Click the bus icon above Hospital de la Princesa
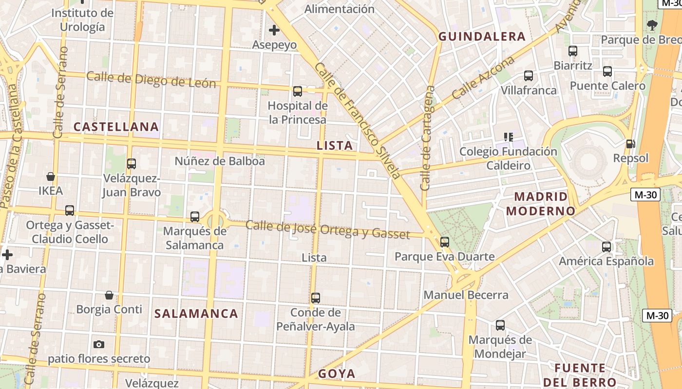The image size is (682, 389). (x=297, y=91)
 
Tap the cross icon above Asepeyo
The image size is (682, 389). (x=274, y=30)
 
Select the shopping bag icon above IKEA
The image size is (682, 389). (x=51, y=176)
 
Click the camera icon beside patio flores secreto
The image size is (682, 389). (x=99, y=344)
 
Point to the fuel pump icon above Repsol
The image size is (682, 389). (x=630, y=143)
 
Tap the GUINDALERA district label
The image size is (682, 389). (x=482, y=36)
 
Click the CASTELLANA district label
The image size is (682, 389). (x=116, y=127)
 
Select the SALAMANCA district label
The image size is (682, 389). (x=196, y=314)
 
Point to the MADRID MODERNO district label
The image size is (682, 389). (x=541, y=204)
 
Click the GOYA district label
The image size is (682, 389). (x=337, y=374)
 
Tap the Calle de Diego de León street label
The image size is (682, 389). (x=151, y=80)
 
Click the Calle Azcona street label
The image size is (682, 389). (x=483, y=78)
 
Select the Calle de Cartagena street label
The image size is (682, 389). (x=427, y=139)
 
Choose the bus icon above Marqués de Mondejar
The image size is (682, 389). (x=500, y=325)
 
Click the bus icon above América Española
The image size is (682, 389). (x=606, y=247)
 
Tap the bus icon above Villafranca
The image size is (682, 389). (x=529, y=76)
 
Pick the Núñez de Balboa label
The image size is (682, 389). (x=220, y=161)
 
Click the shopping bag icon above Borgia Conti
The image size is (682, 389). (x=109, y=295)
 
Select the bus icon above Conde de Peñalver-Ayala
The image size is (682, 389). (x=316, y=298)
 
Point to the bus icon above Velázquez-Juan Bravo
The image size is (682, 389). (x=131, y=164)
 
